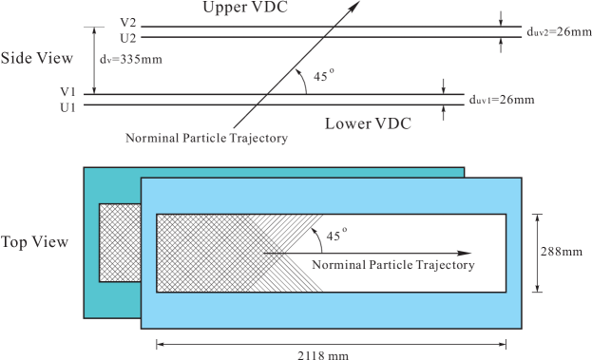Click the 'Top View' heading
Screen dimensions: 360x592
point(35,242)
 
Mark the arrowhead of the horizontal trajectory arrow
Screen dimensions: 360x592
point(465,254)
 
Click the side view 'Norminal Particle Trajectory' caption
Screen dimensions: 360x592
point(206,139)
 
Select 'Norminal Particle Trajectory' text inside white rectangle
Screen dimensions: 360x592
point(392,265)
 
